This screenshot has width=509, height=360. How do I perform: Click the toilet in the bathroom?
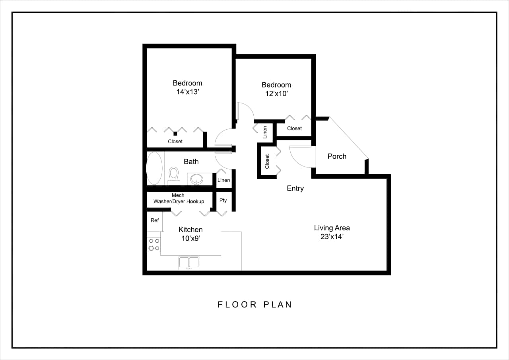pos(173,175)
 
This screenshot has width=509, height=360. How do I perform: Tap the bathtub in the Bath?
pos(154,168)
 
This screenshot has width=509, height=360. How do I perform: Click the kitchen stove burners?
pos(154,245)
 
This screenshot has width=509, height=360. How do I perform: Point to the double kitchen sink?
pos(189,263)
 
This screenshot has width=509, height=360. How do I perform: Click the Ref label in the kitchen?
pos(155,220)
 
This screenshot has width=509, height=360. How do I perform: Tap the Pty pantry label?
pos(223,200)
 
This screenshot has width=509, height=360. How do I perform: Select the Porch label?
pos(337,156)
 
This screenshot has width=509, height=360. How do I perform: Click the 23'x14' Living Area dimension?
pos(332,237)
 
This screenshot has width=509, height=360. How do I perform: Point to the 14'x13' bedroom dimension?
pos(187,92)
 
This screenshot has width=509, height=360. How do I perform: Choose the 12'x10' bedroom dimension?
pos(276,94)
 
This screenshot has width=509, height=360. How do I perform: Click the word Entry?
pos(295,189)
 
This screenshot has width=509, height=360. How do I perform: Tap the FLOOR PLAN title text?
pos(255,305)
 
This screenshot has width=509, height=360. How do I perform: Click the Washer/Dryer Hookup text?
pos(179,202)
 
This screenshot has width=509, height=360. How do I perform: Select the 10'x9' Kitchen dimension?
pos(190,239)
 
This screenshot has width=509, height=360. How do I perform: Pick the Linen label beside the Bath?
pos(223,180)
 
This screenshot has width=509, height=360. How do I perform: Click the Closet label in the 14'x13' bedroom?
pos(175,142)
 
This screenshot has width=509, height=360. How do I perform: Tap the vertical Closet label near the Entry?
pos(267,162)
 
